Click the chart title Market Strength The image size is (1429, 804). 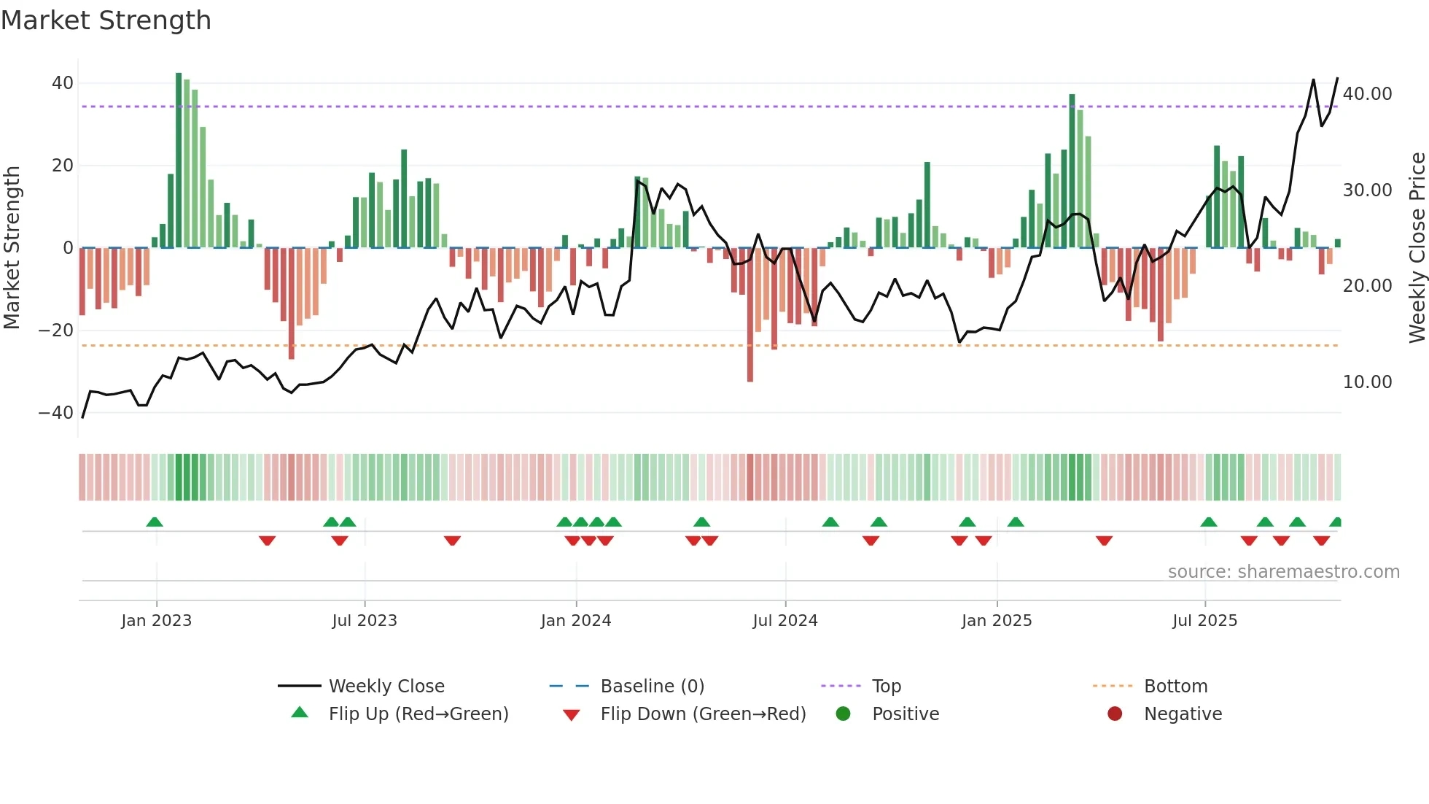(x=106, y=20)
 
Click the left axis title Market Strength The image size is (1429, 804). (x=12, y=247)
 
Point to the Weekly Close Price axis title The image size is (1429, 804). (x=1417, y=247)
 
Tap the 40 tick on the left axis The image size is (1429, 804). (x=62, y=83)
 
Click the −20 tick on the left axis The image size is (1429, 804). (x=56, y=331)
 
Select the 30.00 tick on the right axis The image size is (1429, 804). (x=1367, y=190)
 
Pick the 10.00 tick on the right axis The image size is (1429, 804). (x=1367, y=382)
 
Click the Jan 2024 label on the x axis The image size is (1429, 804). (x=575, y=621)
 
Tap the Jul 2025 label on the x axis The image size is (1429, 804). (x=1204, y=621)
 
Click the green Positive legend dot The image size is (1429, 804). (x=843, y=714)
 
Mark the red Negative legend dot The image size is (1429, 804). (x=1114, y=714)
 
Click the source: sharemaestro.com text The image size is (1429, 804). (x=1283, y=572)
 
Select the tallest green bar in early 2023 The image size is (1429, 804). (x=179, y=161)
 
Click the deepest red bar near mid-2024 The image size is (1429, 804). (x=749, y=314)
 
